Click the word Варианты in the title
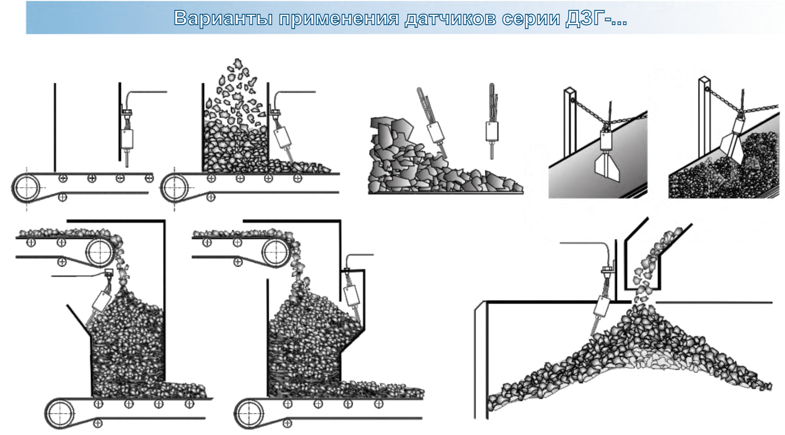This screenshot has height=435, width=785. pos(223,18)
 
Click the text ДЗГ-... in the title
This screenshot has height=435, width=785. pos(596,18)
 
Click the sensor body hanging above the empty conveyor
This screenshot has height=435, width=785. pos(127,139)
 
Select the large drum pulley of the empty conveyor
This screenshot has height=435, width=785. pos(26,188)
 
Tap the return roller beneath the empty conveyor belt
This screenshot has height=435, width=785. pos(62,197)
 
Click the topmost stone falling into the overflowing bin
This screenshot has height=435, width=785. pos(238,63)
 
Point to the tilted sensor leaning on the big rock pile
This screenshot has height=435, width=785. pos(436,132)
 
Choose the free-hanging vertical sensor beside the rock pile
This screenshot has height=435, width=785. pos(492,131)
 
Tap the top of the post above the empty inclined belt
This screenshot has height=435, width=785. pos(570,91)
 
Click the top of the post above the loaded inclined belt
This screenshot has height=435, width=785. pos(704,80)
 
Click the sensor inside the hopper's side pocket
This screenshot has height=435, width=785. pos(351,296)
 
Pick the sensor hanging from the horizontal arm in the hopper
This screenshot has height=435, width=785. pos(101,301)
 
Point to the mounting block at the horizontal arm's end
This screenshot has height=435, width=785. pos(109,273)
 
